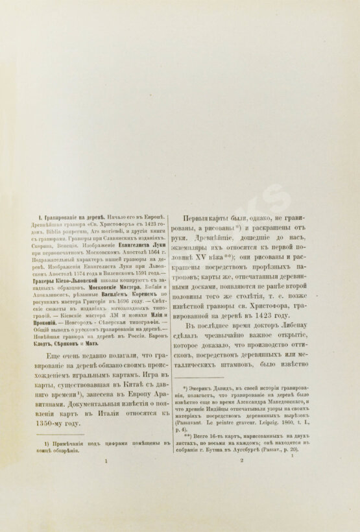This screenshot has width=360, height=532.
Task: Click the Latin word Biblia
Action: (42, 232)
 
